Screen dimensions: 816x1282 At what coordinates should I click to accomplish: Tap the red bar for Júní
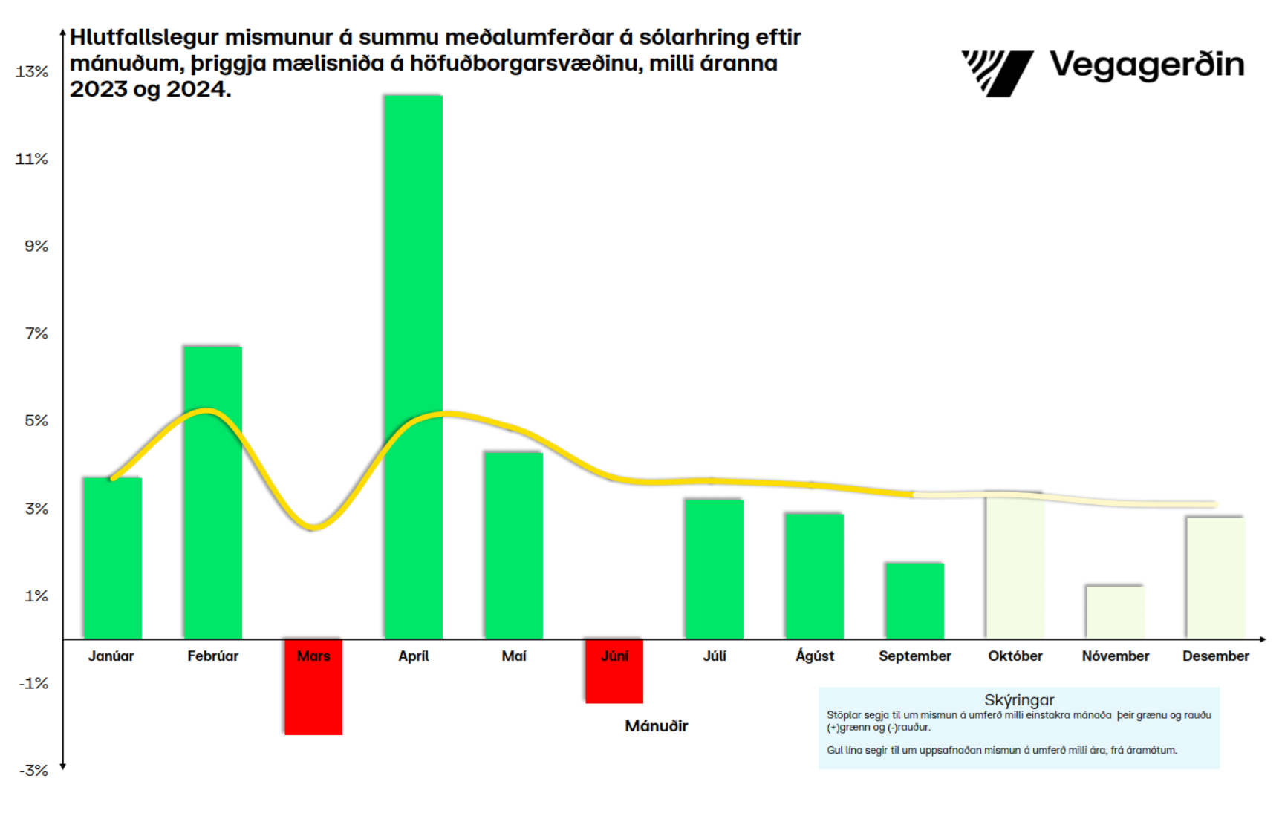tap(614, 679)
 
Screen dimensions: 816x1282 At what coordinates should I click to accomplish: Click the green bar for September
tap(914, 601)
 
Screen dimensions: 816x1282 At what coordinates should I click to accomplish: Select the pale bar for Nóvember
tap(1115, 613)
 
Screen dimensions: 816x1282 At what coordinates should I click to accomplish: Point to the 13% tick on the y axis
tap(32, 72)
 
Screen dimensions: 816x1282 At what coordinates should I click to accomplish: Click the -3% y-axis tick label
tap(34, 771)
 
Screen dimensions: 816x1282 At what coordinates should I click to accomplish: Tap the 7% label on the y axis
tap(36, 334)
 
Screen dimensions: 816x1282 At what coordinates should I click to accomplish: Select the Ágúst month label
tap(815, 656)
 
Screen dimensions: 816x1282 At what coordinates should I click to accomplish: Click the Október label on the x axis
tap(1015, 656)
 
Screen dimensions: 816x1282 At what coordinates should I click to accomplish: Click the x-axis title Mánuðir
tap(657, 726)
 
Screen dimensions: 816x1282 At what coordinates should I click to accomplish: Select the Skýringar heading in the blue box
tap(1019, 700)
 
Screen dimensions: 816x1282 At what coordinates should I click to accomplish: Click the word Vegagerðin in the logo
tap(1147, 65)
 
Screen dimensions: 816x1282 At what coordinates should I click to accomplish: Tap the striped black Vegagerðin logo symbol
tap(997, 73)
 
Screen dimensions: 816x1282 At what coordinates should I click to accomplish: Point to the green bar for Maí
tap(513, 546)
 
